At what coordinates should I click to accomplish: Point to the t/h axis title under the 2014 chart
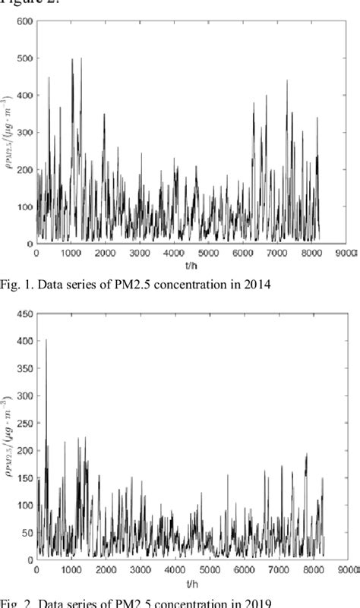click(193, 263)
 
